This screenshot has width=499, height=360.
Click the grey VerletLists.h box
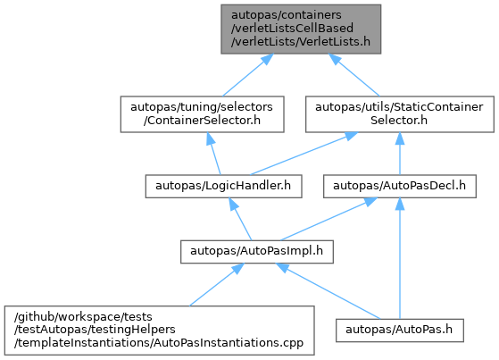301,29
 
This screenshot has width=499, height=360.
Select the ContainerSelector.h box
202,114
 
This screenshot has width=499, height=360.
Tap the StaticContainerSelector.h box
400,114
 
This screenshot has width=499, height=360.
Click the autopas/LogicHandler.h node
223,186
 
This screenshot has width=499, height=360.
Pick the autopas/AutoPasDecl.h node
400,186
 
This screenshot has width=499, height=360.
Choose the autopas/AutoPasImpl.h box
257,252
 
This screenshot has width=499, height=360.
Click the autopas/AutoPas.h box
400,330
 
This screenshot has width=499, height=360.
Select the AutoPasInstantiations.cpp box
160,331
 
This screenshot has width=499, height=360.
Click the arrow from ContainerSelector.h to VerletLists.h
248,75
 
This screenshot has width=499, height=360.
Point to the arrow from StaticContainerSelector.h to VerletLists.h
353,75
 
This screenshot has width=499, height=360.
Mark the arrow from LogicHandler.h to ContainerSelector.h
213,154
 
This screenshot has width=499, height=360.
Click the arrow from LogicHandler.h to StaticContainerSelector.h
304,154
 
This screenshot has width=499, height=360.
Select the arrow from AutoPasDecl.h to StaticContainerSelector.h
400,154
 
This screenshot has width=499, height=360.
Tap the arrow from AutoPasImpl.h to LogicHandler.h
240,219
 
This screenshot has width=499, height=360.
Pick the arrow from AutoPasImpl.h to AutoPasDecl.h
329,219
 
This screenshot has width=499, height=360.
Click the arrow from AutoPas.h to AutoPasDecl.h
400,258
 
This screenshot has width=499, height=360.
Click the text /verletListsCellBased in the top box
292,29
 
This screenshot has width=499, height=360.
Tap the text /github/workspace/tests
83,317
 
